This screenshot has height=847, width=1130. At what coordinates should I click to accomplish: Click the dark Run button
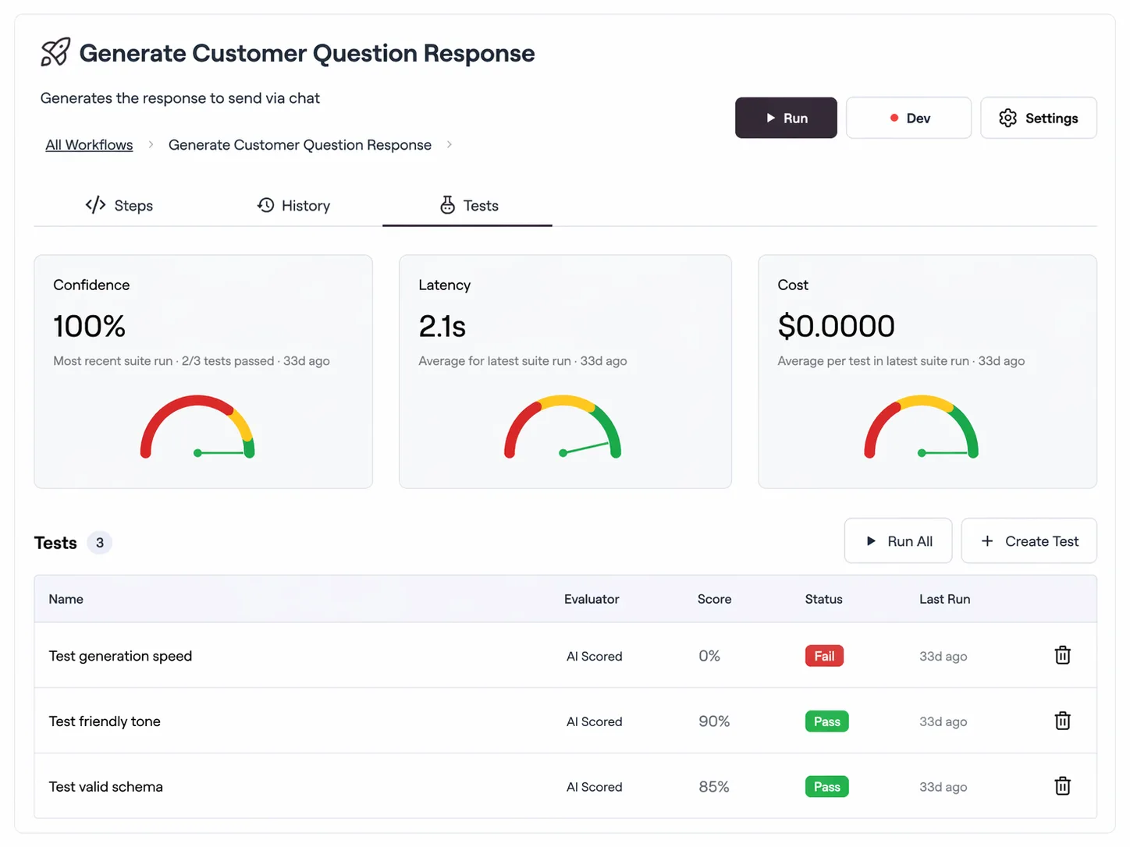click(x=785, y=118)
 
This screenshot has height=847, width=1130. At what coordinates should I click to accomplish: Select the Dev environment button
click(x=908, y=118)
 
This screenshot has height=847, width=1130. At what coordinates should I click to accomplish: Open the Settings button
click(x=1038, y=118)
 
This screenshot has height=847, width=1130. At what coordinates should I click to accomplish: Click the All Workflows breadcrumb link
click(x=89, y=145)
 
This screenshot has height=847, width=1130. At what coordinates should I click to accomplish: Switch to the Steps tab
click(x=119, y=205)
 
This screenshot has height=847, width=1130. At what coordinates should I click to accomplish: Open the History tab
click(x=294, y=205)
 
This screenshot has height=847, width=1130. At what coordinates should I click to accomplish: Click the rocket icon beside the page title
click(x=55, y=52)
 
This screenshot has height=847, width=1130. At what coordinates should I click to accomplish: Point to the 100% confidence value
click(x=89, y=326)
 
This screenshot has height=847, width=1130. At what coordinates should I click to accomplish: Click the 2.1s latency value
click(x=442, y=326)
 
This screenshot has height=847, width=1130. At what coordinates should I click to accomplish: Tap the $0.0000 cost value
click(x=836, y=326)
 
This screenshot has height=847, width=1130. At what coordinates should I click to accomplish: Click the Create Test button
click(x=1029, y=541)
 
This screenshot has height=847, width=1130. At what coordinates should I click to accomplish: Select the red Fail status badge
click(x=824, y=656)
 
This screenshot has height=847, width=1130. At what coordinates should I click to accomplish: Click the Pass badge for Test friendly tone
click(x=826, y=721)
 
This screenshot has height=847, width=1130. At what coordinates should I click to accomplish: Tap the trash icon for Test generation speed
click(x=1062, y=655)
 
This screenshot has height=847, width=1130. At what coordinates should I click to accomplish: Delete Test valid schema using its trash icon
click(x=1062, y=786)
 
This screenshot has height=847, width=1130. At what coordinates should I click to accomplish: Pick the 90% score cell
click(x=714, y=721)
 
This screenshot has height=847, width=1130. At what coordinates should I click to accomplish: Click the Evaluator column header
click(x=592, y=599)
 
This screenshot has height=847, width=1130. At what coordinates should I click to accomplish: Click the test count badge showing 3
click(x=100, y=543)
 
